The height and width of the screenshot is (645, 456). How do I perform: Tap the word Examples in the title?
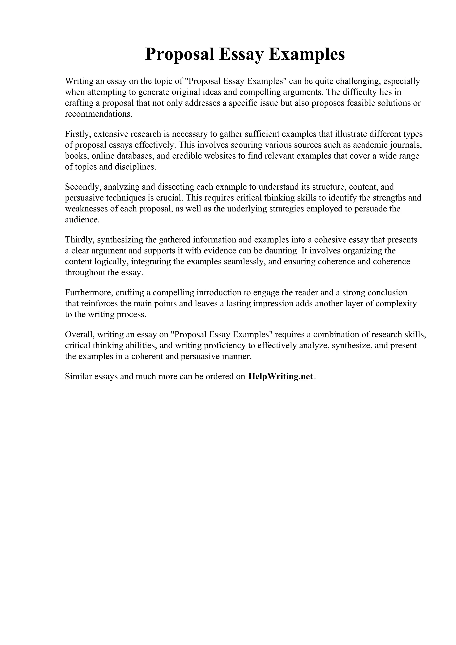pyautogui.click(x=307, y=54)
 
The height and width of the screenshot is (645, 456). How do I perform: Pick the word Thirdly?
pyautogui.click(x=80, y=240)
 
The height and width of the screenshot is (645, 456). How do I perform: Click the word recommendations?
pyautogui.click(x=98, y=114)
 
